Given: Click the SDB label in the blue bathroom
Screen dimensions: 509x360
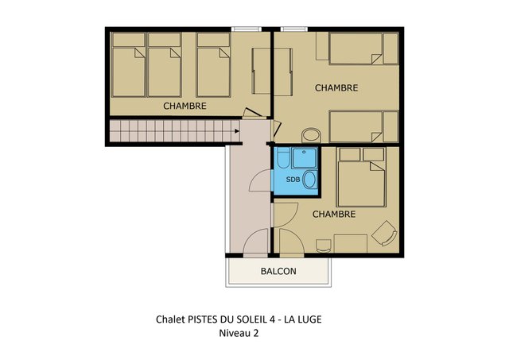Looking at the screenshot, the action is click(x=293, y=179).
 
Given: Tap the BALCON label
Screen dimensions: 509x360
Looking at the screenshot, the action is click(x=278, y=271).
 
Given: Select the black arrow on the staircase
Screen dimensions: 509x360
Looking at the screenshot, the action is click(x=237, y=131).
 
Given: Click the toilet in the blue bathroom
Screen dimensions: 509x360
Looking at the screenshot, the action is click(x=282, y=157).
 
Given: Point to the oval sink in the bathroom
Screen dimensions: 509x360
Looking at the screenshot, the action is click(x=310, y=180).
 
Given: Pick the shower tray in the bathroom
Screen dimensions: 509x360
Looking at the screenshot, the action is click(x=304, y=158).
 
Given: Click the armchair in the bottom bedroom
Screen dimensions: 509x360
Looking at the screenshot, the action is click(x=384, y=233).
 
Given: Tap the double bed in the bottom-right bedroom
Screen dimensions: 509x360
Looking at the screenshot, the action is click(x=362, y=177).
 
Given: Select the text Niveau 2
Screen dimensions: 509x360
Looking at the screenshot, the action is click(x=239, y=333).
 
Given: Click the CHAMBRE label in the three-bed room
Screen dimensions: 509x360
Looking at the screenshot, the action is click(x=185, y=106).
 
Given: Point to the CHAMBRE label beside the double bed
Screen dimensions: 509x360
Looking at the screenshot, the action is click(x=334, y=214).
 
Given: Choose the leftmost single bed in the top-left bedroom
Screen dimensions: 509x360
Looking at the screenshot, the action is click(x=128, y=65).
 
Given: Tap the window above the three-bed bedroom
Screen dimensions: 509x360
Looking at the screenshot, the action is click(x=247, y=29).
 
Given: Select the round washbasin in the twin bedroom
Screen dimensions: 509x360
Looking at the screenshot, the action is click(x=311, y=135).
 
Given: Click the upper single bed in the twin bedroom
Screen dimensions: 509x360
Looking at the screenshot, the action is click(x=363, y=48).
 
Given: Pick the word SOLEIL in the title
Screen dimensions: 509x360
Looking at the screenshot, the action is click(x=254, y=319).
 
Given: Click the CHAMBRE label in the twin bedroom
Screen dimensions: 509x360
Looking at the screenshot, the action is click(x=336, y=88).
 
